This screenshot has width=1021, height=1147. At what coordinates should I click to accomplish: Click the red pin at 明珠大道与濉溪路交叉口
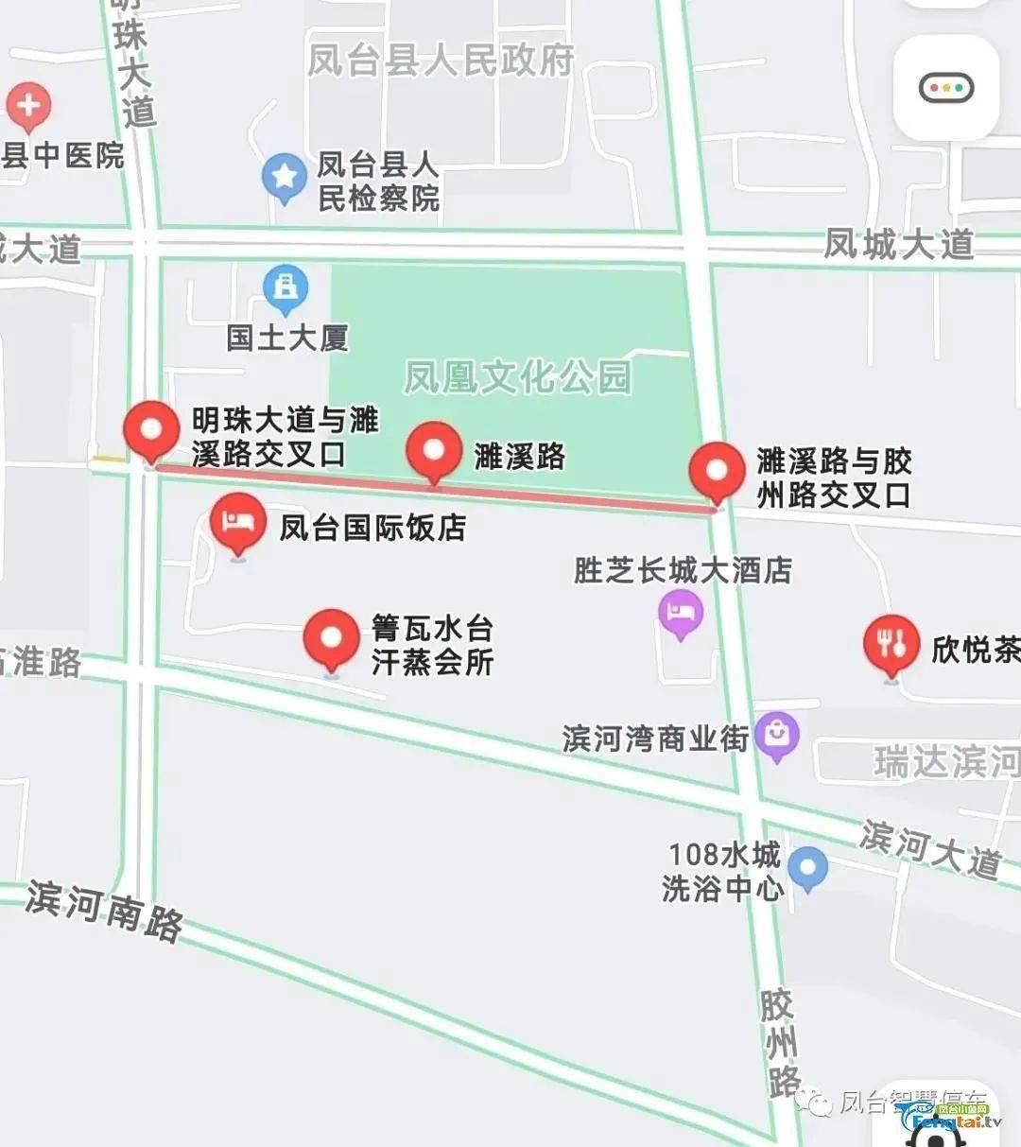tap(151, 430)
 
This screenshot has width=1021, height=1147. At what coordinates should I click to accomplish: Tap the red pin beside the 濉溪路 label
tap(434, 450)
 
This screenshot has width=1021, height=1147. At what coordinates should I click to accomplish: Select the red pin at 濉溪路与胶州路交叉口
tap(718, 471)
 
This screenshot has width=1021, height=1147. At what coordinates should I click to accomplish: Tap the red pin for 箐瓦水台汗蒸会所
tap(331, 638)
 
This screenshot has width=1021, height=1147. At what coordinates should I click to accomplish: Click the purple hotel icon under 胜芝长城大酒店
tap(681, 613)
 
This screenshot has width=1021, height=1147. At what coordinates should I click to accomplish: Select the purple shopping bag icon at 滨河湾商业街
tap(777, 735)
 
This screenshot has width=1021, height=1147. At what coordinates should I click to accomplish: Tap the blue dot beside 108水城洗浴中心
tap(807, 868)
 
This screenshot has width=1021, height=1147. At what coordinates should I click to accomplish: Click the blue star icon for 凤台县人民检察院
tap(284, 176)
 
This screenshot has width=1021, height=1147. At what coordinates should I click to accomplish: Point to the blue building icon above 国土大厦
tap(286, 287)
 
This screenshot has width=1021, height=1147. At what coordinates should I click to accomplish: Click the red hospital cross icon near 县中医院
tap(28, 104)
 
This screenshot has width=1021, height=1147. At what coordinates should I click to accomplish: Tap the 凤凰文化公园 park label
tap(517, 377)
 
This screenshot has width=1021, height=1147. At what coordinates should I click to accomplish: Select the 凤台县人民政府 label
tap(441, 61)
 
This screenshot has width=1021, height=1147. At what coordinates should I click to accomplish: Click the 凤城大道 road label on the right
tap(898, 244)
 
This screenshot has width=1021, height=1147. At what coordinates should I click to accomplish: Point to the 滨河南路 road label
tap(104, 910)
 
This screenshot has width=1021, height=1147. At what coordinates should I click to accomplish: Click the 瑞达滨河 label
tap(945, 762)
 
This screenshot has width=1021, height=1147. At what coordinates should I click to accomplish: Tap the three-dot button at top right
tap(946, 89)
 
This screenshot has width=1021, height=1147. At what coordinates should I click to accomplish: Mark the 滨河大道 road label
tap(930, 848)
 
